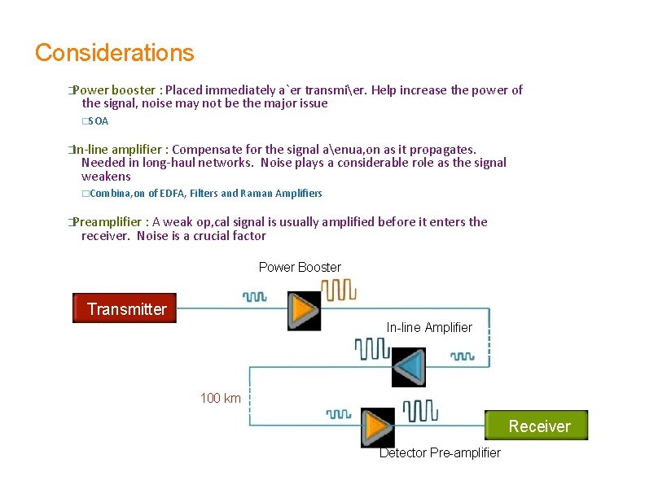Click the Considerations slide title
[x=115, y=53]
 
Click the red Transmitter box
[x=125, y=308]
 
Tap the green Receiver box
[x=537, y=426]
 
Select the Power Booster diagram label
[x=300, y=267]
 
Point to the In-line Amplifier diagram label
[x=429, y=327]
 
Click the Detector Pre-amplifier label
[x=440, y=452]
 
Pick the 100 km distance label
[x=221, y=398]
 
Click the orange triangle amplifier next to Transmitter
[x=305, y=310]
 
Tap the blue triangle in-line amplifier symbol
[x=409, y=367]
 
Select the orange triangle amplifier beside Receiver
[x=377, y=426]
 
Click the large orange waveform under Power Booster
[x=338, y=289]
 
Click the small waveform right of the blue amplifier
[x=463, y=356]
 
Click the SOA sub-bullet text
[x=98, y=121]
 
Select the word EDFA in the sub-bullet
[x=173, y=193]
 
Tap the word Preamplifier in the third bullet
[x=109, y=221]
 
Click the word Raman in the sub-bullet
[x=257, y=193]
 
